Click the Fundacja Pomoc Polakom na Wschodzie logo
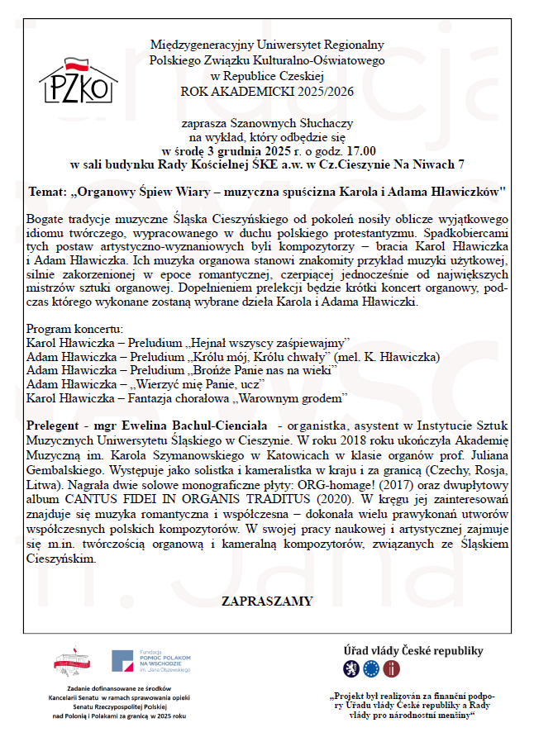pyautogui.click(x=151, y=661)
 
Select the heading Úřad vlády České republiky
pyautogui.click(x=413, y=650)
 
